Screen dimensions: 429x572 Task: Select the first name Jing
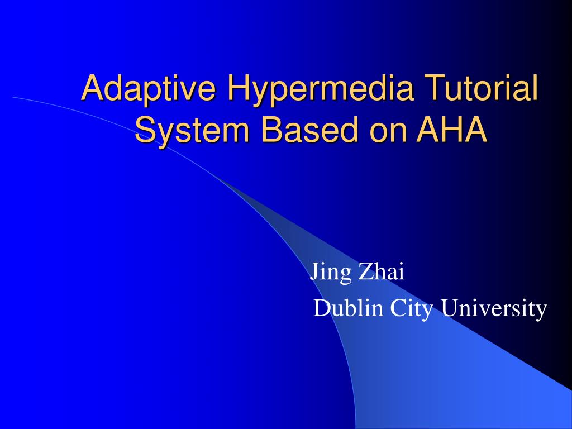coord(330,273)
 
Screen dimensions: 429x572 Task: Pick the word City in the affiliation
coord(411,309)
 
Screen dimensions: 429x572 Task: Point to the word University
coord(494,309)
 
